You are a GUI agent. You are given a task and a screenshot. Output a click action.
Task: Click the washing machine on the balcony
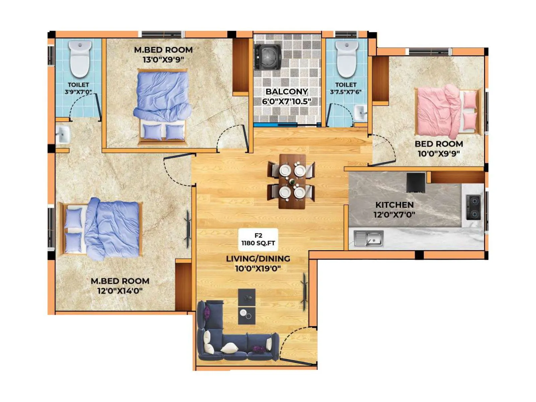[x=268, y=57]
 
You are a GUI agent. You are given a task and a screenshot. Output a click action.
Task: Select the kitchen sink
[x=368, y=238]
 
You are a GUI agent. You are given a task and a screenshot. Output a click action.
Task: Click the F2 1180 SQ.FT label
[x=258, y=240]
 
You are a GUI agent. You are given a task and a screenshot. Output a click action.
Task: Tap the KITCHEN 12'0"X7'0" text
[x=394, y=209]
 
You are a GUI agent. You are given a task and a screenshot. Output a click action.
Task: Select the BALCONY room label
[x=286, y=96]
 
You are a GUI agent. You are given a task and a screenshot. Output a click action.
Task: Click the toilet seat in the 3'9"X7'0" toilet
[x=80, y=59]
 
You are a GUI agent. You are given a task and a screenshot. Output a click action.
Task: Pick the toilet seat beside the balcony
[x=347, y=59]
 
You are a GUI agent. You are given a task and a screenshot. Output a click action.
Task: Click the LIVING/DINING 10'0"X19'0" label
[x=258, y=263]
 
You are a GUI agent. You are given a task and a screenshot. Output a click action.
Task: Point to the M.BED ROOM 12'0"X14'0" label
[x=120, y=285]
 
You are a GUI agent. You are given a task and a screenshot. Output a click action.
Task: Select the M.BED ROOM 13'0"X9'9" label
[x=163, y=54]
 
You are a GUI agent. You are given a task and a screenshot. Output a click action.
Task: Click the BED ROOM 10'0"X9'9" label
[x=439, y=148]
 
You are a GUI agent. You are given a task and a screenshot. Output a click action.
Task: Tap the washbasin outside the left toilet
[x=63, y=135]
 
